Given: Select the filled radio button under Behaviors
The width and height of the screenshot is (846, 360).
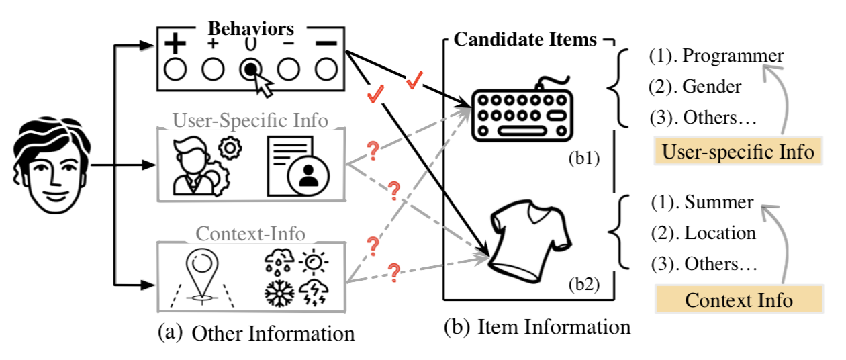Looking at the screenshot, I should (250, 70).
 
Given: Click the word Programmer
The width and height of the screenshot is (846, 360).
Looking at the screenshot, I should (733, 56).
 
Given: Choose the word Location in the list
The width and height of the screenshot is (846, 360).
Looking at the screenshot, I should (720, 233).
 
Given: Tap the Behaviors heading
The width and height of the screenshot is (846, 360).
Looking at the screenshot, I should (250, 29).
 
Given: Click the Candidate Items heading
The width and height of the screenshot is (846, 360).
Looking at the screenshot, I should (525, 39).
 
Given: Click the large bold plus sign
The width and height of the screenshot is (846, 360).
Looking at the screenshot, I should (175, 44).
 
